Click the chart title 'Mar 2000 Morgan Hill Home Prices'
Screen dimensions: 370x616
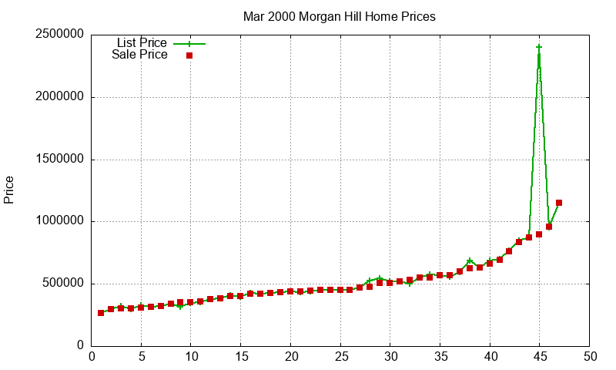[339, 16]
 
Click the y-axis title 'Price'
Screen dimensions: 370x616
[9, 190]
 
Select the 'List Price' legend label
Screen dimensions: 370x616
[142, 43]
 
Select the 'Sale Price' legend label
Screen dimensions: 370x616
[139, 55]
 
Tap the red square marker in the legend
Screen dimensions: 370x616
[189, 55]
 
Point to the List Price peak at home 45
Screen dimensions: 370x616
[539, 47]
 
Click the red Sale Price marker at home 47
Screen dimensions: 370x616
[559, 203]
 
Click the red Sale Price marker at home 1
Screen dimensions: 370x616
[101, 313]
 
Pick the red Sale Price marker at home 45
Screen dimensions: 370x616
[539, 234]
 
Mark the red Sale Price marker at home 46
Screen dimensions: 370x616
[549, 227]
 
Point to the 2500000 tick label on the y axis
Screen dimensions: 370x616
[59, 35]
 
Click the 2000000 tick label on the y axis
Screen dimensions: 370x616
[59, 98]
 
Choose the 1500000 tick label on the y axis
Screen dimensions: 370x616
[59, 160]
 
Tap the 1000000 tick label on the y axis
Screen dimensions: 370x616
[59, 222]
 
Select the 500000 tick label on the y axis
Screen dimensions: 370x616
[62, 284]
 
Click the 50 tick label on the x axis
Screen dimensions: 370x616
[589, 357]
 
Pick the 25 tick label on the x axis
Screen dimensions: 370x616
[340, 357]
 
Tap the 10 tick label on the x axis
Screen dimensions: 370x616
[191, 357]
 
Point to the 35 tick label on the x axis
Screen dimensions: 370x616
[440, 357]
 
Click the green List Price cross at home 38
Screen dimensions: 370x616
[470, 261]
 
